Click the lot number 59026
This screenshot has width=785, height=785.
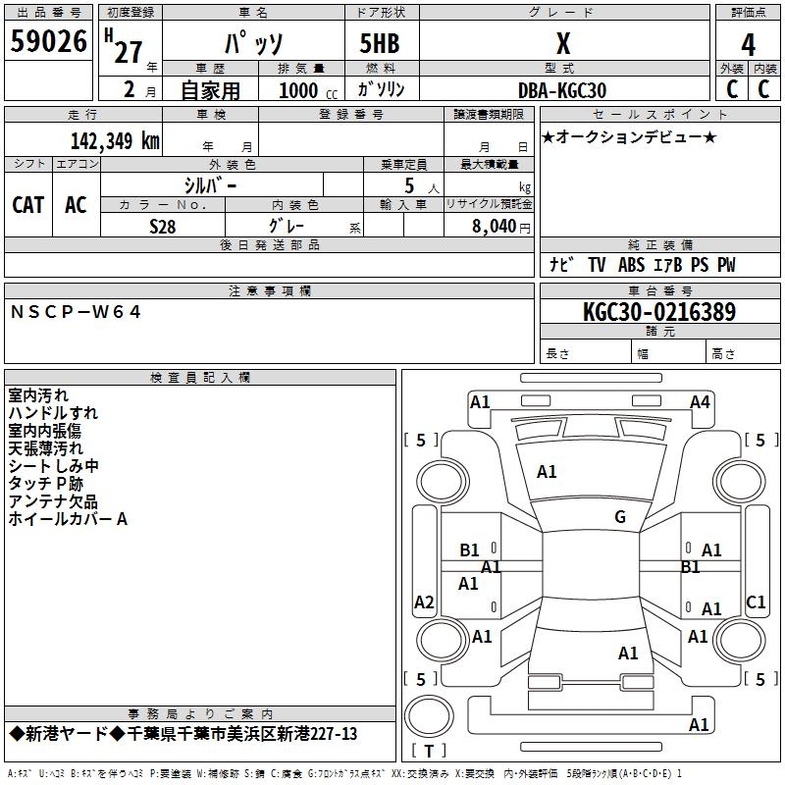tap(48, 40)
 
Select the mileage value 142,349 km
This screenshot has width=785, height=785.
tap(115, 140)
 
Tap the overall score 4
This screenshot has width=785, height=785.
tap(748, 44)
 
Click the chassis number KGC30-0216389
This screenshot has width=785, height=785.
tap(659, 311)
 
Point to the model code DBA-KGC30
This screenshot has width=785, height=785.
tap(562, 90)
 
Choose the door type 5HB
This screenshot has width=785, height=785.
tap(380, 43)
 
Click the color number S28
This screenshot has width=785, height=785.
tap(163, 227)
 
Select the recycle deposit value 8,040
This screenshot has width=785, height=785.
tap(494, 226)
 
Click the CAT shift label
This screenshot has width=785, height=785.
tap(28, 205)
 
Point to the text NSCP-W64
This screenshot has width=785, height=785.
tap(76, 312)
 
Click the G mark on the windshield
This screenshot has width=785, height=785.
tap(620, 516)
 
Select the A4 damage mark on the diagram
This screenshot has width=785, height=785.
tap(700, 402)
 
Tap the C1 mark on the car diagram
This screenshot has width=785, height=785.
tap(756, 602)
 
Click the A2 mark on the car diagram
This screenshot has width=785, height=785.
tap(424, 602)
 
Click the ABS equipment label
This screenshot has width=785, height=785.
tap(631, 265)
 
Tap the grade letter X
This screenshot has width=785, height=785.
tap(563, 43)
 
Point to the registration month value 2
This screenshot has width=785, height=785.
tap(130, 89)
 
